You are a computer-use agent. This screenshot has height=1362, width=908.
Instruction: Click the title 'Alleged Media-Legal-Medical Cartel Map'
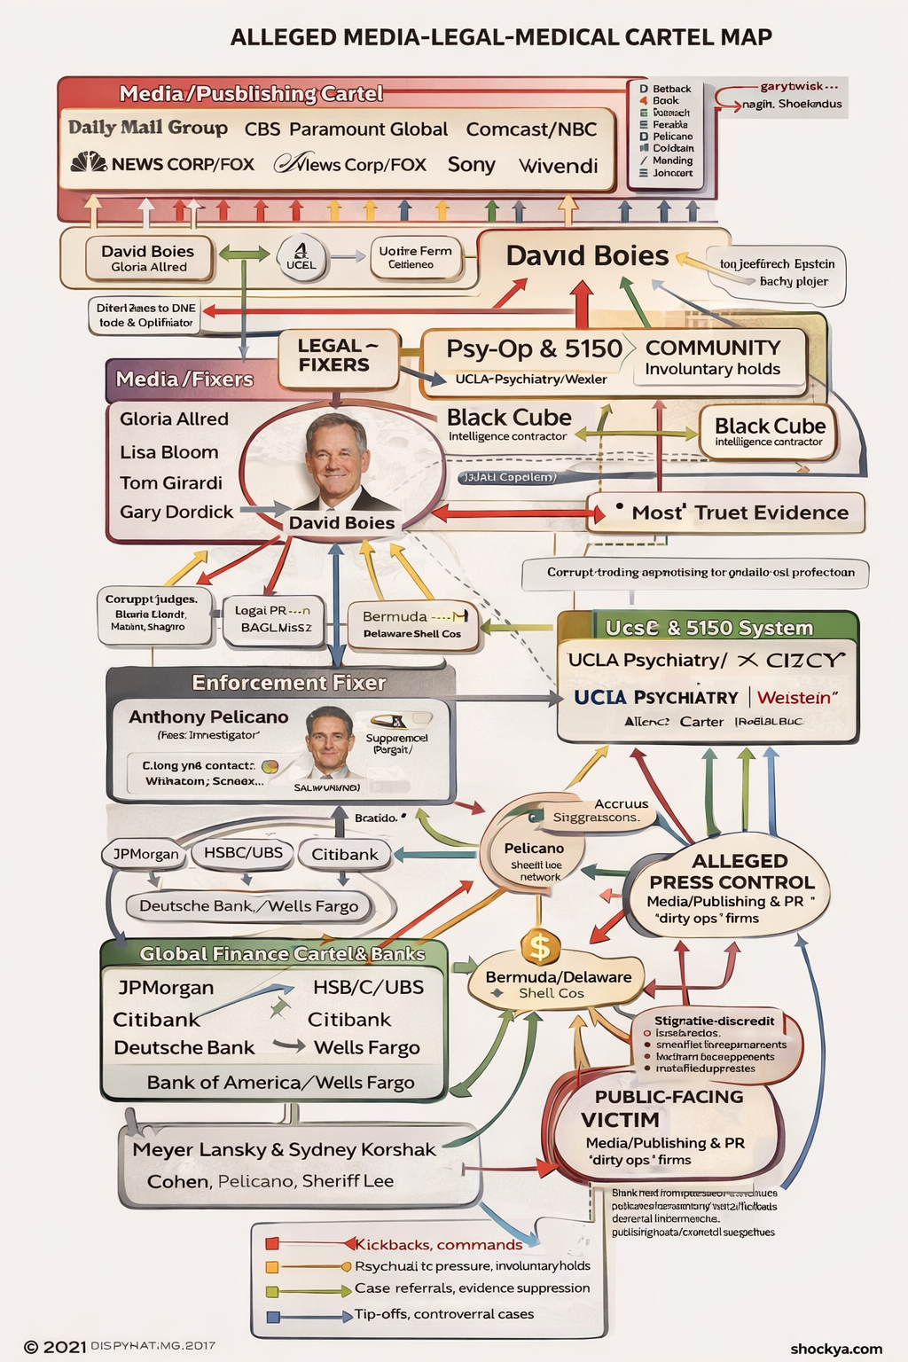[x=501, y=37]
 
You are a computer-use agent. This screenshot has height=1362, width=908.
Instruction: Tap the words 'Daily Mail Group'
[x=148, y=128]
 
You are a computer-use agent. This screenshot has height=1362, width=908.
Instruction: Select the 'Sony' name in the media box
[x=471, y=165]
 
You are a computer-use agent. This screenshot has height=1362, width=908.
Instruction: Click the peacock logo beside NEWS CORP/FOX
[x=88, y=163]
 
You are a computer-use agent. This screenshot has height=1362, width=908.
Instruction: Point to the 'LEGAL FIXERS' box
[x=334, y=356]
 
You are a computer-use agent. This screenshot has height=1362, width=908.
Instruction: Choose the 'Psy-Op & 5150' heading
[x=534, y=348]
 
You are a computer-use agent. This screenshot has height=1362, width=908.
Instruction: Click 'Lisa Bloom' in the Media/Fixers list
[x=169, y=452]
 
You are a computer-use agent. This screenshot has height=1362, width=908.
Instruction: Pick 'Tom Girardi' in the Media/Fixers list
[x=171, y=482]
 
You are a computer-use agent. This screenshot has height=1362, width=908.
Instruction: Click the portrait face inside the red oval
[x=337, y=458]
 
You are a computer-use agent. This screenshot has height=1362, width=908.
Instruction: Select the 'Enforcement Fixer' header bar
[x=288, y=683]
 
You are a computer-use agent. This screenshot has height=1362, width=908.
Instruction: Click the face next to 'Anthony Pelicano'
[x=329, y=738]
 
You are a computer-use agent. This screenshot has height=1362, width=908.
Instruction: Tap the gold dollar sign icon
[x=540, y=947]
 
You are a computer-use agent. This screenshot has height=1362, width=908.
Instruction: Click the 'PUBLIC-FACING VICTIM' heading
[x=669, y=1108]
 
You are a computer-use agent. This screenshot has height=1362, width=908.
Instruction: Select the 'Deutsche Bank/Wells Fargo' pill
[x=248, y=905]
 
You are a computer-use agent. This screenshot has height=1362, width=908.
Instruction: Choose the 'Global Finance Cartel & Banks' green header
[x=282, y=954]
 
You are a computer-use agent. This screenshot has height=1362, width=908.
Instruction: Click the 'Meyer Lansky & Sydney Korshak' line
[x=284, y=1150]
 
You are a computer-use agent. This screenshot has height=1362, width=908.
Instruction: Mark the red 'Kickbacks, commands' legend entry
[x=438, y=1244]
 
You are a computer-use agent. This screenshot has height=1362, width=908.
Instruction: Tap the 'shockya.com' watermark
[x=836, y=1349]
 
